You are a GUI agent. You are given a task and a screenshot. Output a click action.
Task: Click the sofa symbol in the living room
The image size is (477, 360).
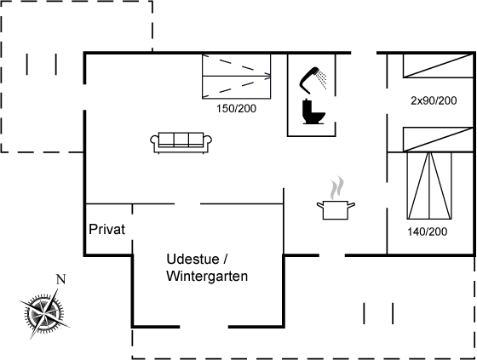[x=181, y=142]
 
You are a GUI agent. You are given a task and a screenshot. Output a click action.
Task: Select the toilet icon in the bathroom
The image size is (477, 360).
[x=313, y=111]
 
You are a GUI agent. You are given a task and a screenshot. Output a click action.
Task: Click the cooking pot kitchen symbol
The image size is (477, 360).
[x=336, y=210]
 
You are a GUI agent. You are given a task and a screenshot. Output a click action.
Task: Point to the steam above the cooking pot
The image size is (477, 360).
[x=337, y=188]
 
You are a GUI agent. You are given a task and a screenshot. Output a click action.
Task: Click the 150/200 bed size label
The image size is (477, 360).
[x=237, y=109]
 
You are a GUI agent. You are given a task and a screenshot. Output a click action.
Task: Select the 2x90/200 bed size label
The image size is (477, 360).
[x=434, y=100]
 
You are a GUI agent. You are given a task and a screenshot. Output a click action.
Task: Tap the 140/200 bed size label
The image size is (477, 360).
[x=428, y=231]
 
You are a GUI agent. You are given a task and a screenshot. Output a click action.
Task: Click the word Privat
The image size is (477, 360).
[x=106, y=229]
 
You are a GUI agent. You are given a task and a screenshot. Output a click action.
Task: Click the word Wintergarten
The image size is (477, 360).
[x=207, y=276]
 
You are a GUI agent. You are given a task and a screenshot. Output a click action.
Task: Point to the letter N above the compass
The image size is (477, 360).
[x=60, y=279]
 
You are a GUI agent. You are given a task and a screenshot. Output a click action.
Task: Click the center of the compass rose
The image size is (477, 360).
[x=44, y=313]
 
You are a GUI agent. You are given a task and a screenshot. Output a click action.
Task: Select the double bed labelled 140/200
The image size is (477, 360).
[x=429, y=186]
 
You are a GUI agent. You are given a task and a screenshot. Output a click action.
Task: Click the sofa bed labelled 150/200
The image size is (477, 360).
[x=237, y=77]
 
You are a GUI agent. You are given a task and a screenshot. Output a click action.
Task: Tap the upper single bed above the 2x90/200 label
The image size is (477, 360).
[x=438, y=66]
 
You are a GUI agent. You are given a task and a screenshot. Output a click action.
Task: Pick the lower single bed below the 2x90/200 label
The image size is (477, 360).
[x=438, y=140]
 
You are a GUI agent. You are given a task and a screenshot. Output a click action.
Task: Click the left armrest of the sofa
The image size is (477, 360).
[x=154, y=140]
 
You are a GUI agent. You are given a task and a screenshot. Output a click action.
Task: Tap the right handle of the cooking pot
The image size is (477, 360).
[x=351, y=205]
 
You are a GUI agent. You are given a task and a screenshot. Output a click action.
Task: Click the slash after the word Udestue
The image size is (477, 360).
[x=225, y=259]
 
